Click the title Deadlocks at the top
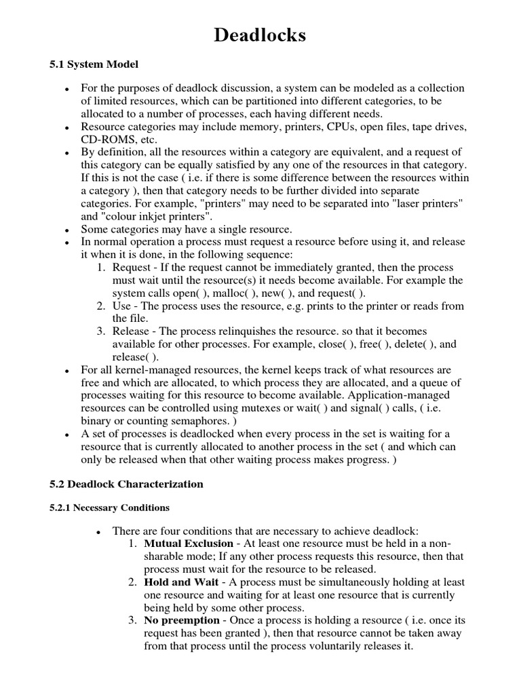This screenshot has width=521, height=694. pos(260,35)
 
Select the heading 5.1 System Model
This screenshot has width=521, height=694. pos(94,64)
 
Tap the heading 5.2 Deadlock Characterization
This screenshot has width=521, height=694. pos(126,484)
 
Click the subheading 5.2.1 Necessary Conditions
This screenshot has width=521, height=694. pos(110,507)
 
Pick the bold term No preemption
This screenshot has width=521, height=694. pos(182,620)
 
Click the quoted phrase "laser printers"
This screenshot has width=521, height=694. pos(433,203)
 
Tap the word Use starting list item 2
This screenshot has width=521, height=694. pos(121,306)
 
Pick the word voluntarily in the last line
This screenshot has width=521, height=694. pos(345,646)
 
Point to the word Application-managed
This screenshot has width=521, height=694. pos(402,394)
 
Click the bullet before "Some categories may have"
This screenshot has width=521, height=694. pos(66,230)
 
